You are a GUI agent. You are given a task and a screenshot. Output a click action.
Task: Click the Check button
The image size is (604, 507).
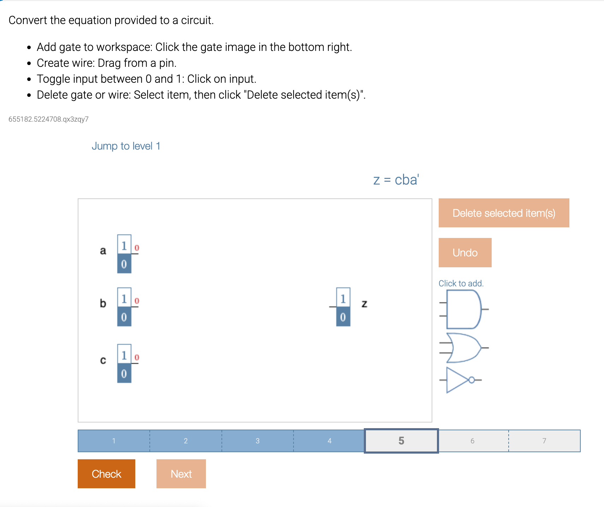coord(106,473)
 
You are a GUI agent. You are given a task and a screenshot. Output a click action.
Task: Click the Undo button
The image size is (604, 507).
coord(465,252)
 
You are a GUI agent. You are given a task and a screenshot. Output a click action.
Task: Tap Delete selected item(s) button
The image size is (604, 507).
coord(504,213)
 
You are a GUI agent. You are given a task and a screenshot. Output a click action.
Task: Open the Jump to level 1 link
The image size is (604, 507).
coord(126,146)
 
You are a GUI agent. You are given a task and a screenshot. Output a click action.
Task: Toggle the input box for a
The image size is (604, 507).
coord(124,254)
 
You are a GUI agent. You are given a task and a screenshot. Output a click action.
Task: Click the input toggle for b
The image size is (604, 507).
coord(124,307)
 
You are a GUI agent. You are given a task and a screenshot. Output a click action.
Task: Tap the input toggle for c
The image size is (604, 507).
coord(124,363)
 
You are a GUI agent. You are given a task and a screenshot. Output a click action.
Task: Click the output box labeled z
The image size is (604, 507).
coord(343,307)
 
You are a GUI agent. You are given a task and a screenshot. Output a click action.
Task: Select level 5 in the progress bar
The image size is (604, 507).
coord(401,441)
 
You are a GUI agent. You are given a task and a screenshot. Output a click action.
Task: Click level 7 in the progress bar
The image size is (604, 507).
coord(544,441)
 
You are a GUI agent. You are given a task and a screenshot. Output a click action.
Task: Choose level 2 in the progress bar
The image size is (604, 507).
coord(185,441)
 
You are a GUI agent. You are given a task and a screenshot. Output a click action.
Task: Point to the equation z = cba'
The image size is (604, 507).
coord(396,180)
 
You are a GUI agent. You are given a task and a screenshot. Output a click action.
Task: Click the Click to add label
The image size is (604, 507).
coord(461,283)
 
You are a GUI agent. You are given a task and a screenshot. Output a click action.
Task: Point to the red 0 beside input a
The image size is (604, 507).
coord(137,248)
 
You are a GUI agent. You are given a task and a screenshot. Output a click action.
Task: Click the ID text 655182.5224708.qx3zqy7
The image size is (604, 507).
coord(48,119)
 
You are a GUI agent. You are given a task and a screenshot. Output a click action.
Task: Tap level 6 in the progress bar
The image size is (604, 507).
coord(472,441)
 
